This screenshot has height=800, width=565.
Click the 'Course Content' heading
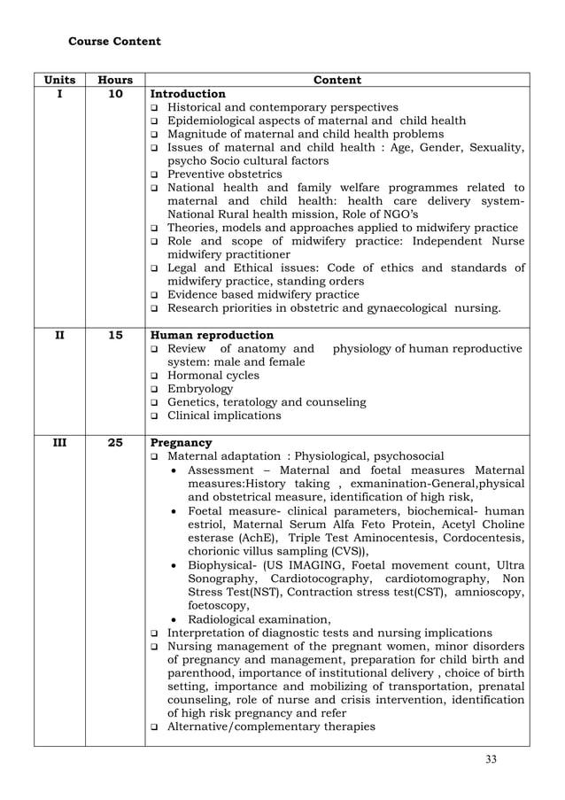pyautogui.click(x=114, y=42)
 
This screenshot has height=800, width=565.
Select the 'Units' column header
pyautogui.click(x=59, y=80)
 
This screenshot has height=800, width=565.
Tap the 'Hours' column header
pyautogui.click(x=115, y=80)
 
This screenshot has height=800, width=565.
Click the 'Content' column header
pyautogui.click(x=337, y=80)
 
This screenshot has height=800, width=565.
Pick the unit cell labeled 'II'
pyautogui.click(x=59, y=336)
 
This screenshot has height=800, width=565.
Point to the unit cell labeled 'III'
pyautogui.click(x=59, y=443)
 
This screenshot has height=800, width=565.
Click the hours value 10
pyautogui.click(x=115, y=94)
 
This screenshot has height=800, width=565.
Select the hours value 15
pyautogui.click(x=115, y=336)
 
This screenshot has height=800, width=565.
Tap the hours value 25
pyautogui.click(x=115, y=443)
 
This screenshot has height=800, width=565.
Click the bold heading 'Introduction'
pyautogui.click(x=188, y=94)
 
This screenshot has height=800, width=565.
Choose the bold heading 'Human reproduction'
pyautogui.click(x=213, y=336)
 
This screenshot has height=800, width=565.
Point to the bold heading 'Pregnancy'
pyautogui.click(x=182, y=443)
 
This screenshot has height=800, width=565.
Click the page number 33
pyautogui.click(x=491, y=759)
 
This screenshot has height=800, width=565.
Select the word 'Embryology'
pyautogui.click(x=200, y=389)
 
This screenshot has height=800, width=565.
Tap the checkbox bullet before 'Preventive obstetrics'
pyautogui.click(x=155, y=175)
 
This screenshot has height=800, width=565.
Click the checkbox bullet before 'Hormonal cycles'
pyautogui.click(x=155, y=377)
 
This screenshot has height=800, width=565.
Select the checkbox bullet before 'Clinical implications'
pyautogui.click(x=155, y=416)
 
